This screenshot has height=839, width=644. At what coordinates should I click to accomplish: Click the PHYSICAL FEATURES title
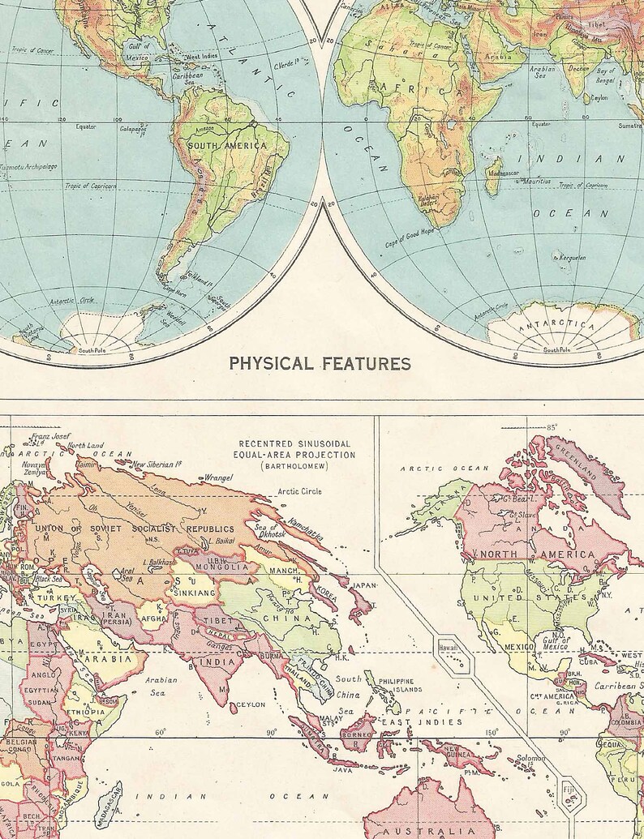(320, 363)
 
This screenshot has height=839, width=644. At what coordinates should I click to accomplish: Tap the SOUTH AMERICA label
(227, 145)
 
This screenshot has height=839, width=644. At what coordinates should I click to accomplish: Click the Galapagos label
(133, 128)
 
